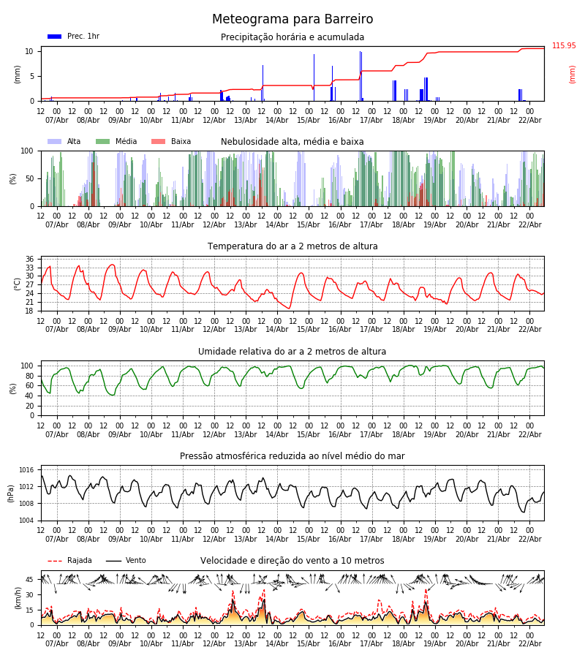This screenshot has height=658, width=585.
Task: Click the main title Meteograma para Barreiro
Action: point(292,20)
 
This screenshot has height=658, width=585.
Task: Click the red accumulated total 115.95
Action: point(564,46)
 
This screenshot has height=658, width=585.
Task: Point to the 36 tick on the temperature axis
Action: point(29,260)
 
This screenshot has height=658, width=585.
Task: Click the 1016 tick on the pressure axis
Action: point(26,470)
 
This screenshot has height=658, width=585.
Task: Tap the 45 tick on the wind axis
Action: point(29,580)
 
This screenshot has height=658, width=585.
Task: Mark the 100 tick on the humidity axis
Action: point(27,366)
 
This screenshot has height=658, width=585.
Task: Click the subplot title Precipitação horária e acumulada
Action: point(292,37)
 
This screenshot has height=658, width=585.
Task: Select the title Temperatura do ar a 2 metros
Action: point(292,246)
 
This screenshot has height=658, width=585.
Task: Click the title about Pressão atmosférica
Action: point(292,456)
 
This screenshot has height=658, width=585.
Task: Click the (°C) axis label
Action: point(18,284)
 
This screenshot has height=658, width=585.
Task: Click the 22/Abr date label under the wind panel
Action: point(530,643)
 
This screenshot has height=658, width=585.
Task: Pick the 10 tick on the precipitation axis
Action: point(29,51)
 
